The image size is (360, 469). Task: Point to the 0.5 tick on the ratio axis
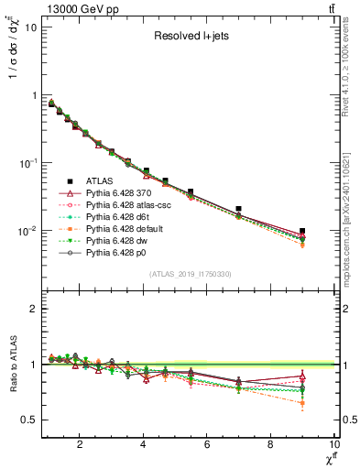pyautogui.click(x=28, y=420)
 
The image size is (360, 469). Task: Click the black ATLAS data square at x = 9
pyautogui.click(x=302, y=231)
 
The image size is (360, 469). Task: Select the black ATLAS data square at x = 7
pyautogui.click(x=239, y=210)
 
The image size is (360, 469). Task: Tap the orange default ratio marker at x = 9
pyautogui.click(x=302, y=403)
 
